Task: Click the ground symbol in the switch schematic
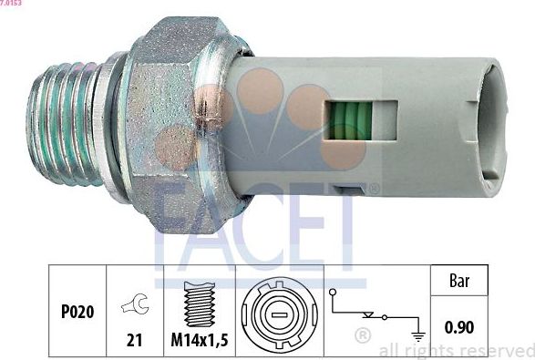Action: tap(418, 332)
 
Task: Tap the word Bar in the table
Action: tap(458, 282)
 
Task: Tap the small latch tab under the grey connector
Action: tap(349, 190)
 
